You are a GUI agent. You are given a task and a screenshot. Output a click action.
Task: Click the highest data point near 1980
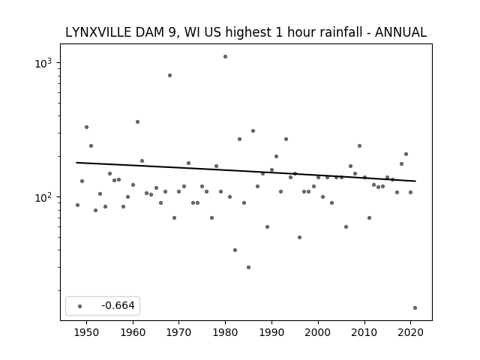tap(225, 56)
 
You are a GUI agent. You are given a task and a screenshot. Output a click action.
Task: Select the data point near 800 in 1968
tap(169, 75)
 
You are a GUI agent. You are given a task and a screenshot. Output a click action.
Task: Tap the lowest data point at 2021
tap(415, 307)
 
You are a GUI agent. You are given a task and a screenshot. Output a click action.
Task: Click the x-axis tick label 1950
tap(86, 331)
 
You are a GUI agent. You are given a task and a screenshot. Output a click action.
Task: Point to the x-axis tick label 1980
tap(225, 331)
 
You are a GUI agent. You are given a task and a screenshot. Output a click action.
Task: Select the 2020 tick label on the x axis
tap(410, 331)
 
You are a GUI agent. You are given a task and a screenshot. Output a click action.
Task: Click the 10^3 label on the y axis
tap(47, 63)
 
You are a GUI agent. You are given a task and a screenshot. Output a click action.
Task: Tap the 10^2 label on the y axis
tap(47, 197)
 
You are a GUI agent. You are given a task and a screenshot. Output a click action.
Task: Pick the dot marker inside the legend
tap(79, 306)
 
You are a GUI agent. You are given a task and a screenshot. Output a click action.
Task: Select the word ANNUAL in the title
tap(400, 32)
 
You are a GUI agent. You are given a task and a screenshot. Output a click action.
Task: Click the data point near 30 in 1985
tap(248, 267)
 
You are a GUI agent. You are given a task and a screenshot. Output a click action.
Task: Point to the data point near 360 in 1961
tap(137, 121)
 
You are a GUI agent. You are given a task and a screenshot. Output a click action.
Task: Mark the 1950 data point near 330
tap(86, 127)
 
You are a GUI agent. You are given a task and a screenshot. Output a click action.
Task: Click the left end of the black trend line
tap(77, 163)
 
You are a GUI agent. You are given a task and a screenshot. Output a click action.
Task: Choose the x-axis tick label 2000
tap(318, 331)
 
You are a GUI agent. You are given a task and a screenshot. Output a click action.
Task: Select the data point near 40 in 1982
tap(235, 250)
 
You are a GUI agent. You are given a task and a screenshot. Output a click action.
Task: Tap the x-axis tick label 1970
tap(178, 331)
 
